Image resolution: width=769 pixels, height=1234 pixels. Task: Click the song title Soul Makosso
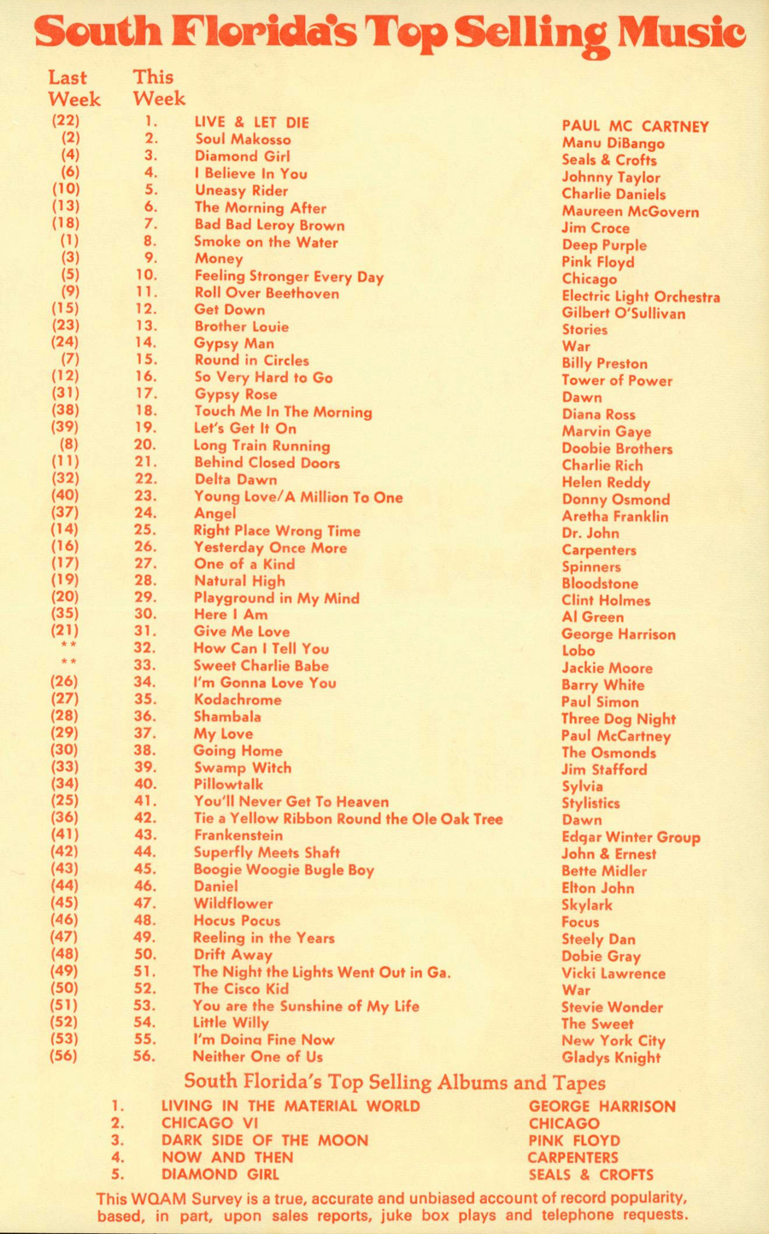pyautogui.click(x=243, y=139)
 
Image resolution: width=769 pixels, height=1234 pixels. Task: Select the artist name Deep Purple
pyautogui.click(x=604, y=245)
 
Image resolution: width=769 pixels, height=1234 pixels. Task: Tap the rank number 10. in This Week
pyautogui.click(x=146, y=275)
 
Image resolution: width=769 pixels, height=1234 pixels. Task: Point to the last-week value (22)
pyautogui.click(x=66, y=121)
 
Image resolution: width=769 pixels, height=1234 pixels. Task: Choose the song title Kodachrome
pyautogui.click(x=238, y=699)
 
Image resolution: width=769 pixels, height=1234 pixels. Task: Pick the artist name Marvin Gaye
pyautogui.click(x=607, y=431)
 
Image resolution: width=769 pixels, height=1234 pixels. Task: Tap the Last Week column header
pyautogui.click(x=73, y=88)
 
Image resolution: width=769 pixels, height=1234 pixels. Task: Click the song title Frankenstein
pyautogui.click(x=238, y=835)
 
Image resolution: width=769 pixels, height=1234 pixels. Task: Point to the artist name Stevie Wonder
pyautogui.click(x=612, y=1007)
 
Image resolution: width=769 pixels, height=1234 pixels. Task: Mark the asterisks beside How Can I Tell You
pyautogui.click(x=68, y=646)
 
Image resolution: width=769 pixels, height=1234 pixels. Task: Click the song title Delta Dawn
pyautogui.click(x=236, y=479)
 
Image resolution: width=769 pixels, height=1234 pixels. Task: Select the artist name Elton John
pyautogui.click(x=598, y=888)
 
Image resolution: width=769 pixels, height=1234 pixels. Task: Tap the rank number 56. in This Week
pyautogui.click(x=145, y=1056)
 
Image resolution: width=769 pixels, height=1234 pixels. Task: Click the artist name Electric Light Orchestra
pyautogui.click(x=641, y=296)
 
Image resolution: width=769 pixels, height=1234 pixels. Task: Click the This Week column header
pyautogui.click(x=159, y=88)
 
